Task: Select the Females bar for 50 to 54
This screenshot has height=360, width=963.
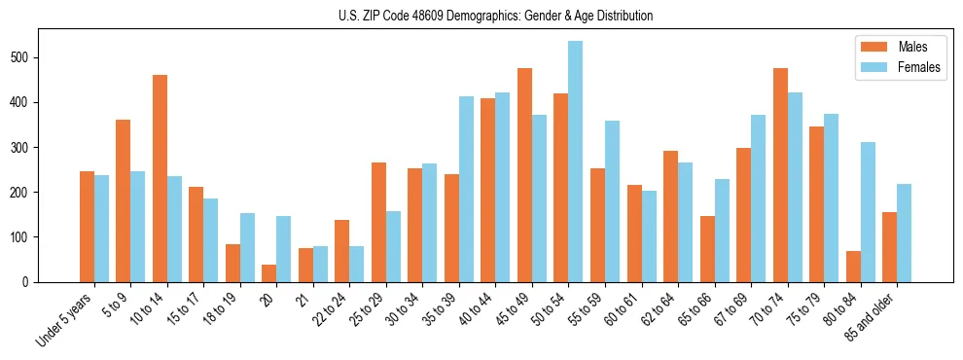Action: pos(576,162)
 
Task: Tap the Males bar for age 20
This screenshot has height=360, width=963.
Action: pos(269,272)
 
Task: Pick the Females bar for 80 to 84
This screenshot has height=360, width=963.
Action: pos(868,212)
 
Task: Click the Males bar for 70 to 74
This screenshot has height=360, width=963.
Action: pos(780,175)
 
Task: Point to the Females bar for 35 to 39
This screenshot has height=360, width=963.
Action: pos(466,189)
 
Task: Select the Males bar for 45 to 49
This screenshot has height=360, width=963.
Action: pos(524,175)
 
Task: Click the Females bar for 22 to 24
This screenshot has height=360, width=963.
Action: pos(357,264)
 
